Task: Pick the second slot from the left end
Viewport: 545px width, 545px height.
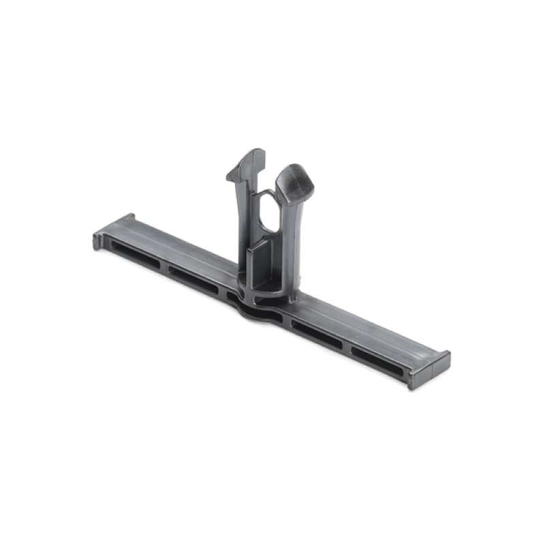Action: coord(192,276)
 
